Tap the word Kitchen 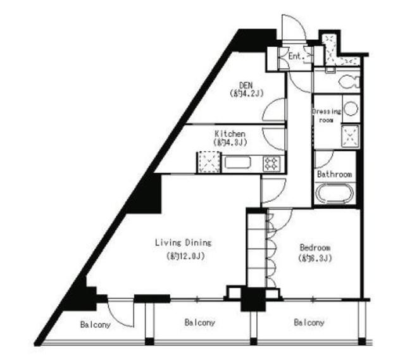click(229, 133)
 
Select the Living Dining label click(184, 242)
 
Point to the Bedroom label click(315, 247)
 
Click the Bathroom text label click(335, 174)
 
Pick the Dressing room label click(327, 115)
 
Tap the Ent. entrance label click(296, 56)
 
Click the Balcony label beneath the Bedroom click(309, 323)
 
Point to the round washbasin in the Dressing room click(350, 108)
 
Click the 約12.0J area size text click(184, 257)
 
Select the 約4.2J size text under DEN click(246, 94)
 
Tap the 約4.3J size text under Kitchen click(229, 143)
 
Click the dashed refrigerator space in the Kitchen click(208, 163)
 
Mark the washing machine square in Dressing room click(350, 135)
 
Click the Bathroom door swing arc click(323, 158)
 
